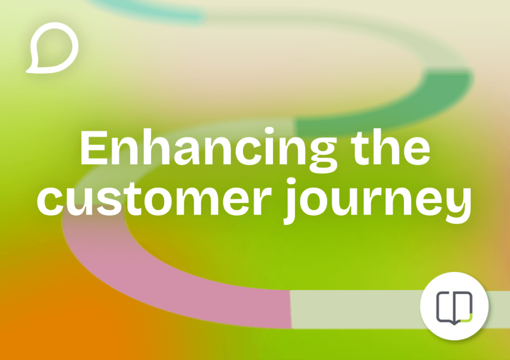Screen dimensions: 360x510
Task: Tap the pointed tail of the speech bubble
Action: pyautogui.click(x=31, y=67)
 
